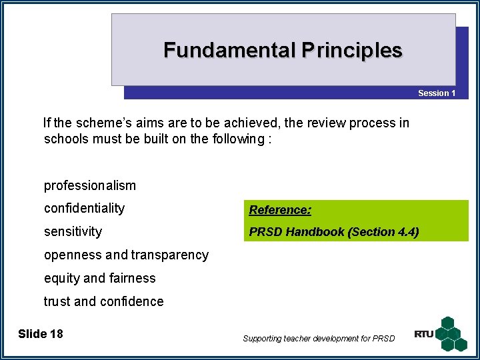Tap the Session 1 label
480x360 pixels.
click(x=437, y=93)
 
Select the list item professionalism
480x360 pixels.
click(x=89, y=185)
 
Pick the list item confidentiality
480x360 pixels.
click(x=84, y=209)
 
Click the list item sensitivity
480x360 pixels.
click(x=73, y=232)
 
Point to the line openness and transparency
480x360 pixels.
click(x=126, y=255)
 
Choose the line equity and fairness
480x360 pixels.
click(x=99, y=279)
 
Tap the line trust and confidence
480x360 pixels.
click(x=103, y=302)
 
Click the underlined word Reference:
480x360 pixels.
click(x=280, y=210)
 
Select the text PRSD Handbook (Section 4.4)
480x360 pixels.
click(x=334, y=232)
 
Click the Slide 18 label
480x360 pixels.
click(x=41, y=334)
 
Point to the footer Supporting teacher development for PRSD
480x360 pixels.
click(x=319, y=339)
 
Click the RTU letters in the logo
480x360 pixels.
click(x=423, y=334)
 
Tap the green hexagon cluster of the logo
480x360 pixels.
click(x=453, y=333)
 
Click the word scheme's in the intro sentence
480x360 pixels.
click(x=107, y=123)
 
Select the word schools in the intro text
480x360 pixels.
click(x=65, y=139)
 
